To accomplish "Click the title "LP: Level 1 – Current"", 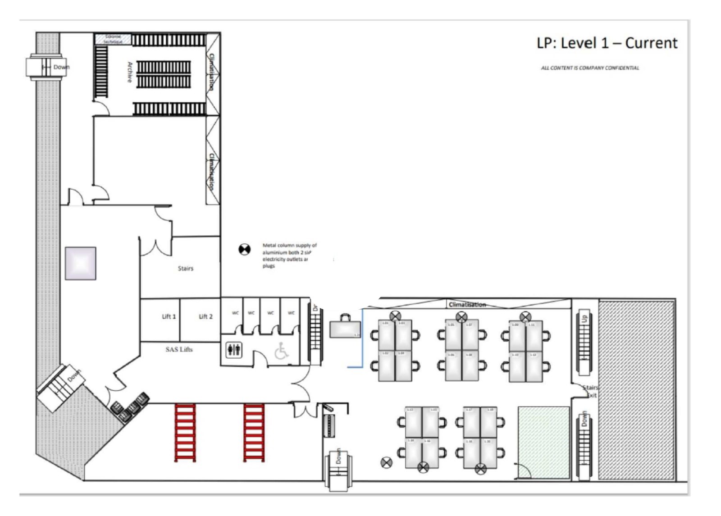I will (607, 43).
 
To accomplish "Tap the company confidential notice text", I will (590, 68).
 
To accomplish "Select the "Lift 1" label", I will (169, 316).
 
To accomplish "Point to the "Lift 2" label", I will (205, 316).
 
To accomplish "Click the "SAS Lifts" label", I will (179, 349).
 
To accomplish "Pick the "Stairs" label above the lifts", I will (185, 268).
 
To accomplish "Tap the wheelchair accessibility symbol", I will (282, 351).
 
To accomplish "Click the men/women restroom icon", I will (234, 350).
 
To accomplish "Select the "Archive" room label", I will (130, 72).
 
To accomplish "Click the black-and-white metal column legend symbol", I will (244, 249).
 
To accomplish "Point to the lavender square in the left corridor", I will (80, 263).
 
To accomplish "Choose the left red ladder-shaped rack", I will (185, 433).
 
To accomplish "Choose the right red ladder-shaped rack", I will (254, 433).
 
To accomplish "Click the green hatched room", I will (544, 442).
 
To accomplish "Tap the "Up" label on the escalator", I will (584, 318).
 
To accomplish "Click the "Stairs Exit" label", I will (590, 391).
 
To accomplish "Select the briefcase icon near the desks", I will (345, 327).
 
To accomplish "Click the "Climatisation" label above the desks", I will (467, 305).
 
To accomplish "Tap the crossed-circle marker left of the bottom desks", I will (386, 462).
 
